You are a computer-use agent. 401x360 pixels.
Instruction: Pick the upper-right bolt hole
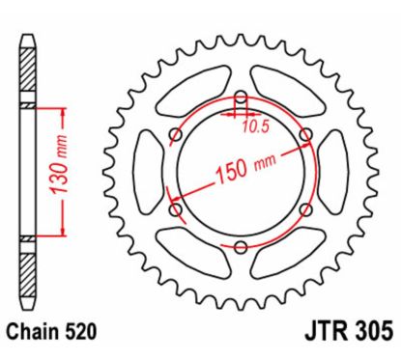[306, 135]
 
